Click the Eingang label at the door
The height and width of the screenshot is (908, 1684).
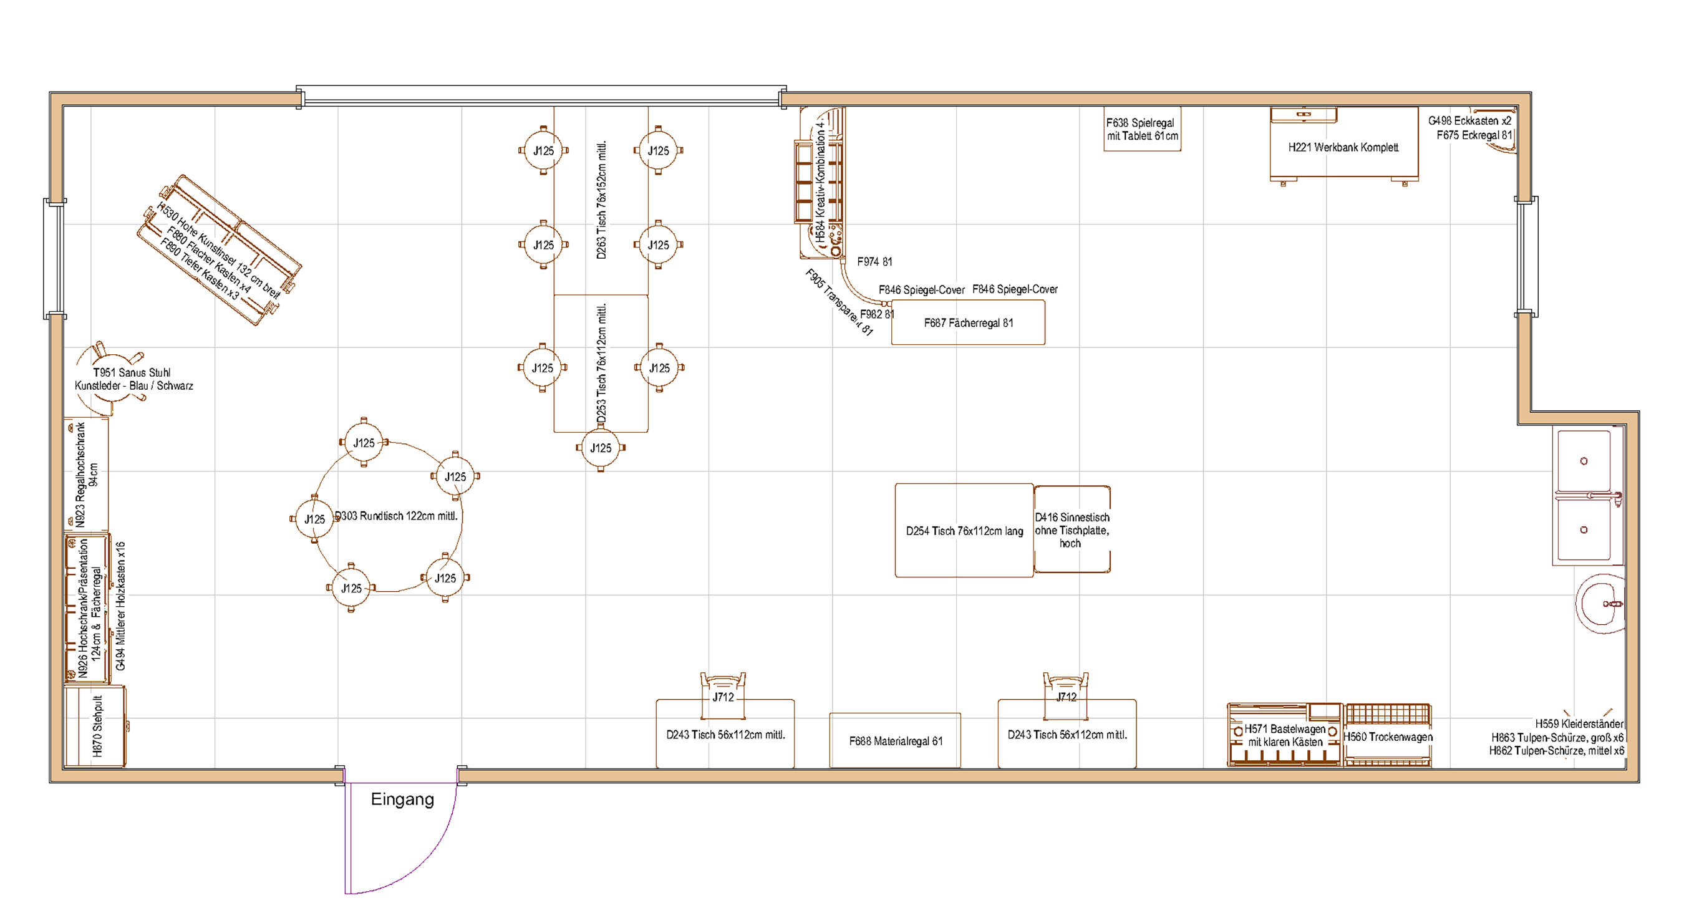coord(402,799)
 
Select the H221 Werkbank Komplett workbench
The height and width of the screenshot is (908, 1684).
coord(1343,147)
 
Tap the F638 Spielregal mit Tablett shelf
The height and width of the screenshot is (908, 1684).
coord(1141,130)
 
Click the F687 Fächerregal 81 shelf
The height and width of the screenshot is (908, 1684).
coord(967,322)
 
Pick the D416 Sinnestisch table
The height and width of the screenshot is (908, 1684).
coord(1072,529)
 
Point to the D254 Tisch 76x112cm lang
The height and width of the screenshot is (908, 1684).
coord(964,530)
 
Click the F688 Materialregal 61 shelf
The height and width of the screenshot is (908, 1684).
coord(895,741)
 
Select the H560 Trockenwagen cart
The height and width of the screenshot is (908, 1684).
coord(1388,736)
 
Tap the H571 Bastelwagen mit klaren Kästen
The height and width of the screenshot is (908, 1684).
coord(1284,735)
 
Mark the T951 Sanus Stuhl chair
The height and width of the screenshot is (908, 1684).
coord(111,379)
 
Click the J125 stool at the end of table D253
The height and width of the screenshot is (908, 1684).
coord(601,448)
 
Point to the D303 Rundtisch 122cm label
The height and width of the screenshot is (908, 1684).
coord(396,516)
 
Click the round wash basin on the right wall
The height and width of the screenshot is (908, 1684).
coord(1602,604)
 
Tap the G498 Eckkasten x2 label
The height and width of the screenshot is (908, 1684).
coord(1469,120)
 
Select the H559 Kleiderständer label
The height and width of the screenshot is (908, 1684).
coord(1579,723)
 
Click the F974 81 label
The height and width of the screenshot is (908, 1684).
coord(874,261)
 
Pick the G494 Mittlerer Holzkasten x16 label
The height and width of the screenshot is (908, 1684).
coord(120,606)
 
